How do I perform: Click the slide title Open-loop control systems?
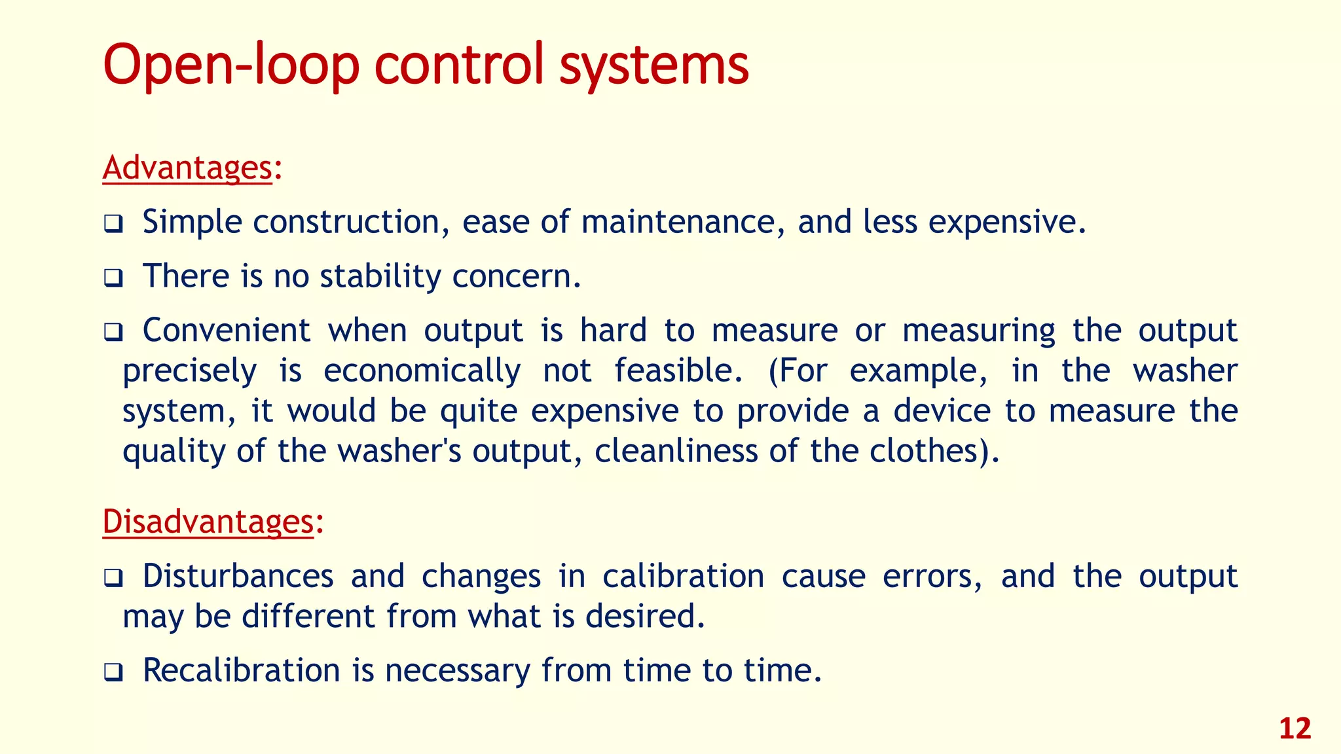click(x=426, y=65)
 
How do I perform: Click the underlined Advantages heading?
click(x=187, y=168)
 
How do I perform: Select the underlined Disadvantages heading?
click(x=208, y=522)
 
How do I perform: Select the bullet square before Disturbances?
click(x=113, y=579)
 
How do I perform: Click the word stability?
click(x=380, y=276)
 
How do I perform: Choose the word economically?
click(x=422, y=371)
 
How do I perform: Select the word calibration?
click(x=683, y=577)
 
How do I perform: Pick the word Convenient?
click(x=226, y=331)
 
